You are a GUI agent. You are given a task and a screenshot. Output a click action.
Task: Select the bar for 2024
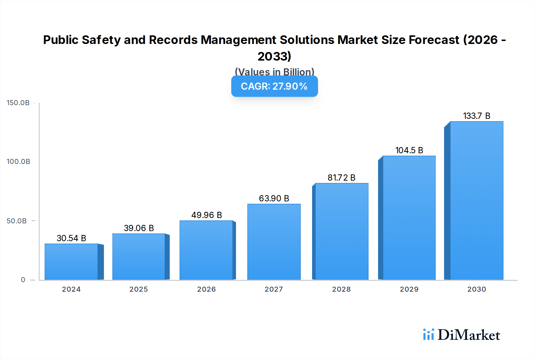[x=71, y=262]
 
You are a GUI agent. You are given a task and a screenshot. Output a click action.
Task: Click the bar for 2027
[x=274, y=242]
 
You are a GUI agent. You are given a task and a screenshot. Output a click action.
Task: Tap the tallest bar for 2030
[x=476, y=200]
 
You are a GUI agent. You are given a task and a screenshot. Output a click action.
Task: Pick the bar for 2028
[x=342, y=231]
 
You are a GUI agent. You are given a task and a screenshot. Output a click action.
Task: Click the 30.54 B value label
[x=71, y=238]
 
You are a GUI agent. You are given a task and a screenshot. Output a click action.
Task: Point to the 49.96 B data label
[x=207, y=215]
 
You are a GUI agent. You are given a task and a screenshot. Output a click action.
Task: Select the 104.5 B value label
[x=409, y=150]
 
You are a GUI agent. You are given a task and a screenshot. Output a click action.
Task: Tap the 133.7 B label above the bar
[x=476, y=116]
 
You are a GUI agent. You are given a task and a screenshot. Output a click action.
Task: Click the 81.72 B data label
[x=342, y=178]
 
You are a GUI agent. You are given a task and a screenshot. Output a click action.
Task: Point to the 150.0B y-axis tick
[x=18, y=103]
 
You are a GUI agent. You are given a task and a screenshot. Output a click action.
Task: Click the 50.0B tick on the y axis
[x=17, y=221]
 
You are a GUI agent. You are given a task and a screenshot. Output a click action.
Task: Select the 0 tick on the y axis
[x=23, y=280]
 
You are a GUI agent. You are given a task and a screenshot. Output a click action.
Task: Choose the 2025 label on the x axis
[x=139, y=289]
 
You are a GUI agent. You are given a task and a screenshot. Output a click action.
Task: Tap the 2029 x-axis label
[x=409, y=289]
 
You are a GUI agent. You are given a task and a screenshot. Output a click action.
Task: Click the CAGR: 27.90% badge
[x=274, y=86]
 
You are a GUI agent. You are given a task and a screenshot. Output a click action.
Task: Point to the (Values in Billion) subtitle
[x=274, y=72]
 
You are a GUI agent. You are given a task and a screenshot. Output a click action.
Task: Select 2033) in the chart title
[x=274, y=56]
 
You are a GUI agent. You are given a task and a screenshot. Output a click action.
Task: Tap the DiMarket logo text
[x=469, y=335]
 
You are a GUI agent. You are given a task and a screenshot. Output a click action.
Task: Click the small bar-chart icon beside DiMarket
[x=428, y=334]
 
